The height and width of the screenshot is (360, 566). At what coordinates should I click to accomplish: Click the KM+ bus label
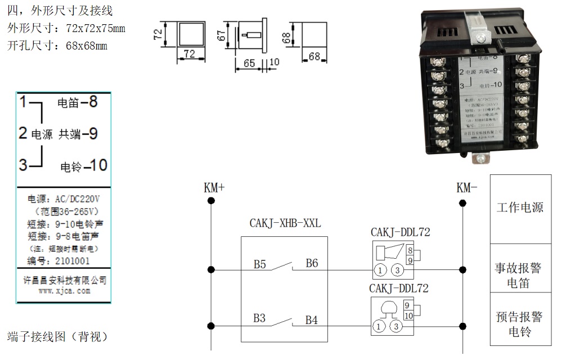214,188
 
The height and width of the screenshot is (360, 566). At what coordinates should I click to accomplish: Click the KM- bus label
466,188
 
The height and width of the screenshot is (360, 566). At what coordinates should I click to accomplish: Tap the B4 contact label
311,320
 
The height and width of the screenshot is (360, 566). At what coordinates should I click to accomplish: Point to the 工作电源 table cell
519,207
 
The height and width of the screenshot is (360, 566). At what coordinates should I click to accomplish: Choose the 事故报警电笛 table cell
518,275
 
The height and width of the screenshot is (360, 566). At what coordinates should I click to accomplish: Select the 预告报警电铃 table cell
518,324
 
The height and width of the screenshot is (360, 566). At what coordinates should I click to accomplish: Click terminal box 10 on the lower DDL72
408,316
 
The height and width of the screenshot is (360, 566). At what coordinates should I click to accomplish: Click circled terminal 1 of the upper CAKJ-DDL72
381,271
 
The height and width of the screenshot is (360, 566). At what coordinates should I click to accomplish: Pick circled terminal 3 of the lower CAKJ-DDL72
397,326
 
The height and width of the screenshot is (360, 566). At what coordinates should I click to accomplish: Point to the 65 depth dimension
249,63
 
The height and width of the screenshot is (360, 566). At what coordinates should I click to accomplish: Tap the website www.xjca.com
64,291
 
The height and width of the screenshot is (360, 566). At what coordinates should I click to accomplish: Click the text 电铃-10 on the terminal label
83,166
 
